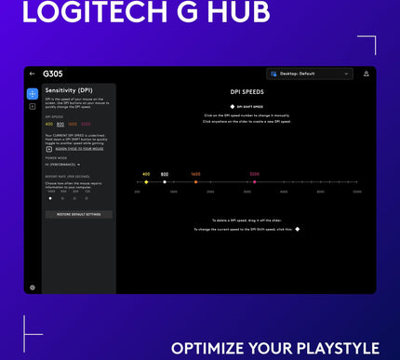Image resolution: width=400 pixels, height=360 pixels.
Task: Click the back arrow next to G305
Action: click(33, 73)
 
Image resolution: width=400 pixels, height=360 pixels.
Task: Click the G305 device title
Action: click(53, 73)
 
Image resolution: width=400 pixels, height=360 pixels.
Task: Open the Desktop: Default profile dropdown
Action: click(310, 73)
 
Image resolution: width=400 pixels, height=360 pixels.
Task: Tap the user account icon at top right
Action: click(366, 73)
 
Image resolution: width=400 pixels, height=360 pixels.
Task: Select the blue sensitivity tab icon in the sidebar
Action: click(33, 94)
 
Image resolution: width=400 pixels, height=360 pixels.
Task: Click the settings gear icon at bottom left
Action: click(33, 287)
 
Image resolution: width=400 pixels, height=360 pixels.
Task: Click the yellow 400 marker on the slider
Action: click(146, 182)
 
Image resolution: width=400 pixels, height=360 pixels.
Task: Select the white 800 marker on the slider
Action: click(165, 182)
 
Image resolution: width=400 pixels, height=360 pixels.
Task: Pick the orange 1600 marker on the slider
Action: click(195, 182)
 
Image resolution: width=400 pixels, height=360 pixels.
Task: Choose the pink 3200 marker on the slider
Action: click(255, 182)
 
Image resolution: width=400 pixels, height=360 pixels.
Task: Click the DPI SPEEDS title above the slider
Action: click(247, 94)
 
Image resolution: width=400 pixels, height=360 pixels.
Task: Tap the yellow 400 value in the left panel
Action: click(48, 124)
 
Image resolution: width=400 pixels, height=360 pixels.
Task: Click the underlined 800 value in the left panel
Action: click(60, 124)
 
